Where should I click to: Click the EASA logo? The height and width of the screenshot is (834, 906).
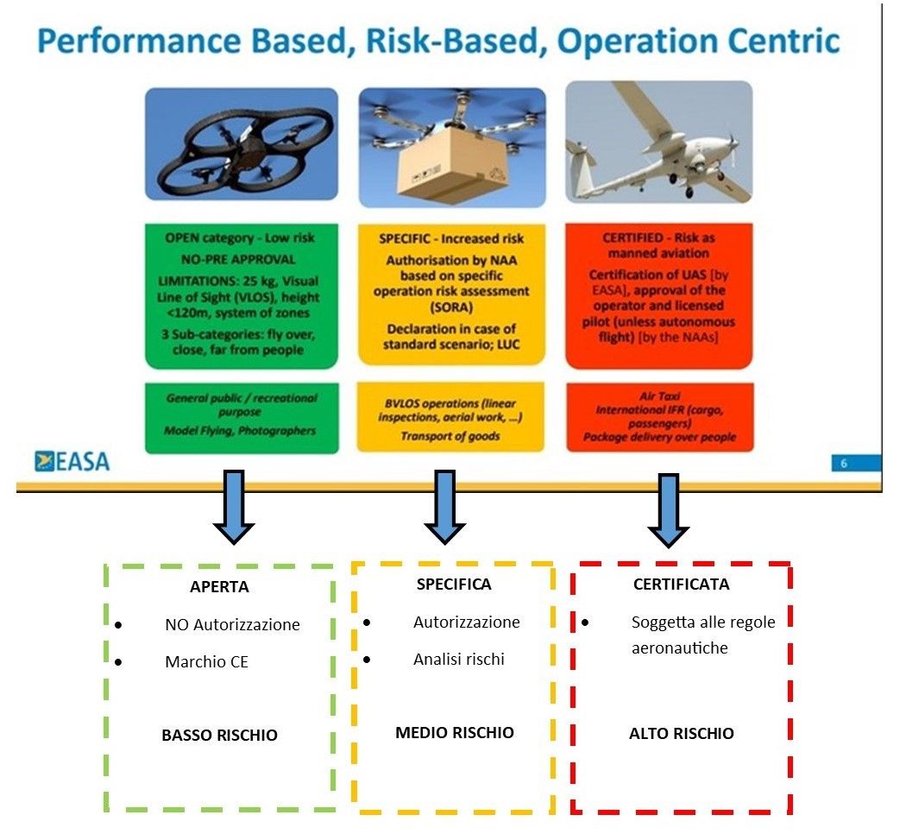coord(72,461)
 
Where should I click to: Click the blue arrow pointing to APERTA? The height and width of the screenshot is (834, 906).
coord(234,506)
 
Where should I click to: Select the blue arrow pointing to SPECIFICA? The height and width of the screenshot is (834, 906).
coord(444,506)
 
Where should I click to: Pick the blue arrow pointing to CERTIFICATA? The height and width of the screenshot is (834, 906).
coord(668,509)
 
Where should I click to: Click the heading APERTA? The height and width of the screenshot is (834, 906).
coord(219,586)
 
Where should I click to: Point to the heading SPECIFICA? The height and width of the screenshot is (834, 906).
coord(454,584)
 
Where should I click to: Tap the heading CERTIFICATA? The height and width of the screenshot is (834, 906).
coord(682,584)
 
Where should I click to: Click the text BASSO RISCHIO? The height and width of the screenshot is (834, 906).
coord(219,736)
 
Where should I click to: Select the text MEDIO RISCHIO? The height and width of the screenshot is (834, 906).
coord(455,733)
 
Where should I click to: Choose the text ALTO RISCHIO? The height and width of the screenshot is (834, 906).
coord(682,734)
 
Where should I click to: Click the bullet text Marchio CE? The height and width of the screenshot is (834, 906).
coord(206,662)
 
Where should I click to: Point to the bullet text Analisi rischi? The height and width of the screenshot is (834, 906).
coord(459,660)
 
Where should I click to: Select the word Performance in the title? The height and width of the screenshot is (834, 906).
coord(139,41)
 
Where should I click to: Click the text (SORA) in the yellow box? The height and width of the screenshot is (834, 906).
coord(451,306)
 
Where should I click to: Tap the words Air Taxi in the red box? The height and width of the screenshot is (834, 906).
coord(659,396)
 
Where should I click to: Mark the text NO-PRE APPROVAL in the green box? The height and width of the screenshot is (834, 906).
coord(238,260)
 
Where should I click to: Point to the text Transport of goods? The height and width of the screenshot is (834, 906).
coord(450,436)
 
